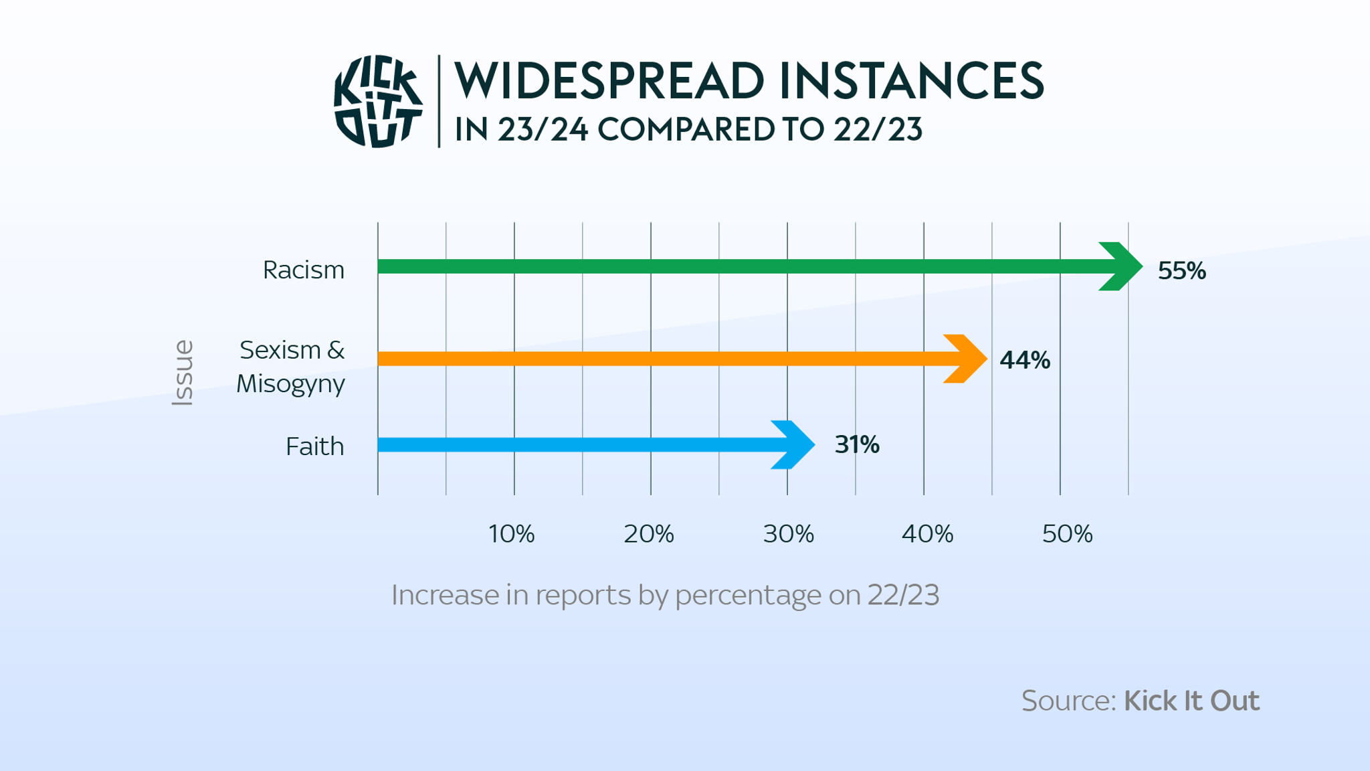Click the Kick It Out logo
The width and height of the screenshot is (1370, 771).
coord(378,101)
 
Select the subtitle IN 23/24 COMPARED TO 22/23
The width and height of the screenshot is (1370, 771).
coord(688,130)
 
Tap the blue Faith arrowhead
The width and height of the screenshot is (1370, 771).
coord(794,444)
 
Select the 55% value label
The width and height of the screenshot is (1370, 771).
coord(1181,270)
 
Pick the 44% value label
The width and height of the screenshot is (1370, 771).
coord(1025,360)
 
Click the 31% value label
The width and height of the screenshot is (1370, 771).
coord(857,444)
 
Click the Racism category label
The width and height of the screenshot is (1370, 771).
coord(304,270)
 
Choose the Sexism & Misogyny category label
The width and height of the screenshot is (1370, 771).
coord(291,366)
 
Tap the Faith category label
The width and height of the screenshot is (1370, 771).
coord(314,446)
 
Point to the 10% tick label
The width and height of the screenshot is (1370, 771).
coord(511,534)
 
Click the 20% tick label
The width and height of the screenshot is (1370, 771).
coord(648,534)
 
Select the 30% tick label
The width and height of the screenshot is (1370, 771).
coord(788,534)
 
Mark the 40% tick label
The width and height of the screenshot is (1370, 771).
coord(927,534)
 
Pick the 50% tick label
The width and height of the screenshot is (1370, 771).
coord(1067,534)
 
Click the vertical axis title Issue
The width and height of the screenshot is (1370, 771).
coord(183,372)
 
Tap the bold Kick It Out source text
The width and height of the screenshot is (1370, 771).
coord(1191,701)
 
